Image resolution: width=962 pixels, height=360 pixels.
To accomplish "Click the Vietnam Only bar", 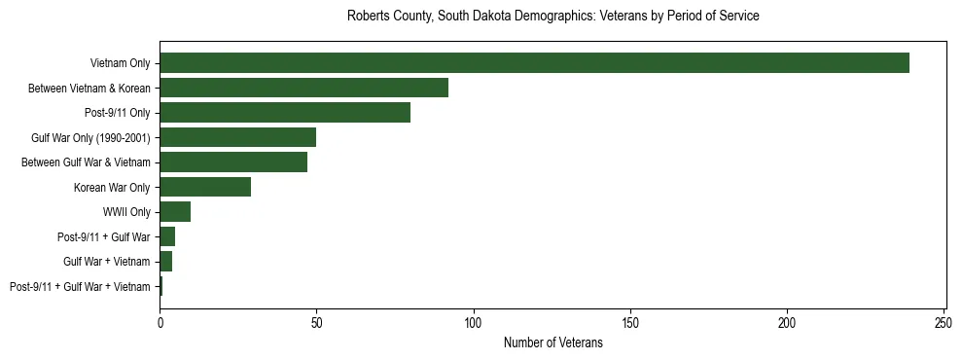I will [534, 63].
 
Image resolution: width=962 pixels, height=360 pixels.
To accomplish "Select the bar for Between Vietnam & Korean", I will [303, 88].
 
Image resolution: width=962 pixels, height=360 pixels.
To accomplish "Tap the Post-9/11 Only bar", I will [285, 113].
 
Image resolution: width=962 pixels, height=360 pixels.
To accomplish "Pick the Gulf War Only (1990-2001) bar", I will [237, 137].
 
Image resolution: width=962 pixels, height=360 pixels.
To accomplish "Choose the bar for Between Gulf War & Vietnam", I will [233, 162].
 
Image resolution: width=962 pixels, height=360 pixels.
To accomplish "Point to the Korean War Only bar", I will [205, 187].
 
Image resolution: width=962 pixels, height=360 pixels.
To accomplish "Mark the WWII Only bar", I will [175, 212].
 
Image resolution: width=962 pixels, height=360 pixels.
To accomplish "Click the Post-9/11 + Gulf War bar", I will [167, 236].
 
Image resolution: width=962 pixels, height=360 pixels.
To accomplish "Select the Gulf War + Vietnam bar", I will [165, 262].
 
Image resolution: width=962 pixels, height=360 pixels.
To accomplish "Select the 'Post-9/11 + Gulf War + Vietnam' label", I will [80, 287].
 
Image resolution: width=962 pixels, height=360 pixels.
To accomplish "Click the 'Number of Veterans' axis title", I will [552, 342].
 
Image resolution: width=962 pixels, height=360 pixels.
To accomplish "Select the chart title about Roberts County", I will [552, 17].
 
